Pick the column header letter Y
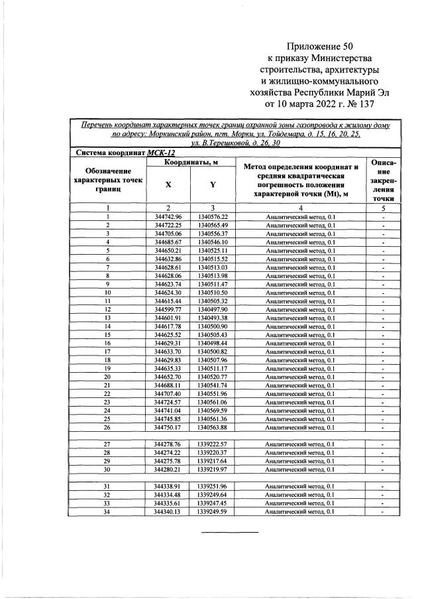212,185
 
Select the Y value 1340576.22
212,217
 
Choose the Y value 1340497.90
212,308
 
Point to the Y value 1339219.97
212,469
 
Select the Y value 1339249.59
212,511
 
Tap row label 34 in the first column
107,511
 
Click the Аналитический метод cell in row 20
300,376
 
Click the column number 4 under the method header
300,208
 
